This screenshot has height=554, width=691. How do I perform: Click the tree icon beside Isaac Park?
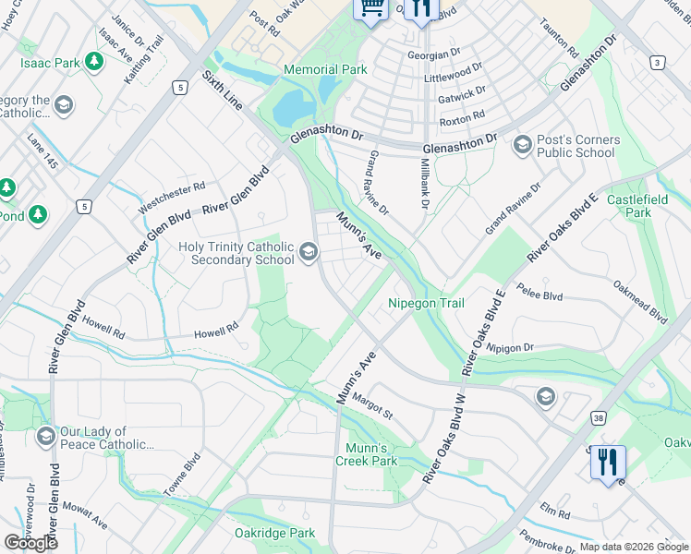point(93,61)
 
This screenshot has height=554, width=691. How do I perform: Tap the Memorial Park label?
point(325,69)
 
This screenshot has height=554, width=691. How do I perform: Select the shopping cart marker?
point(371,8)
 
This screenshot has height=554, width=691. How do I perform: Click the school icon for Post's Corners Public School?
point(522,145)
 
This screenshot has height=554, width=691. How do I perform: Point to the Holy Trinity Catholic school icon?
point(309,251)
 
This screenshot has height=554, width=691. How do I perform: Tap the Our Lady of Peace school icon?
point(45,436)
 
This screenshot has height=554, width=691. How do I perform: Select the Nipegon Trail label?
point(425,303)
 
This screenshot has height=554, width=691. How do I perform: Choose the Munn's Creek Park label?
point(366,453)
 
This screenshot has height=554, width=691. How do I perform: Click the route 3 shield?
point(657,62)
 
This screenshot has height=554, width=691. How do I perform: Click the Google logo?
point(30,543)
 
